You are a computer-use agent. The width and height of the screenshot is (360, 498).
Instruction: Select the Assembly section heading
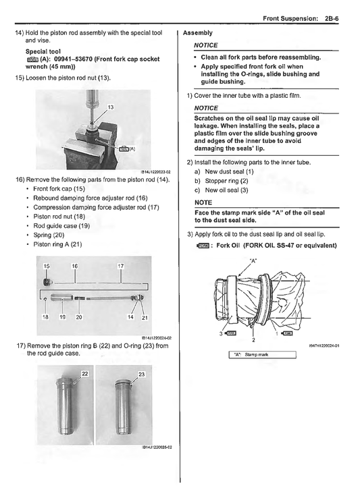pyautogui.click(x=197, y=32)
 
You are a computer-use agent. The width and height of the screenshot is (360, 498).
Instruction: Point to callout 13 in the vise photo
pyautogui.click(x=111, y=107)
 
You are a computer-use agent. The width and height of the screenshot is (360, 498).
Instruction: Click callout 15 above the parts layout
pyautogui.click(x=47, y=267)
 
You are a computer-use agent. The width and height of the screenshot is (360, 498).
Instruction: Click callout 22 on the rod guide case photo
pyautogui.click(x=85, y=373)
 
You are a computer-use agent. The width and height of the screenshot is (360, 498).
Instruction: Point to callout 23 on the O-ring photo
pyautogui.click(x=141, y=373)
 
